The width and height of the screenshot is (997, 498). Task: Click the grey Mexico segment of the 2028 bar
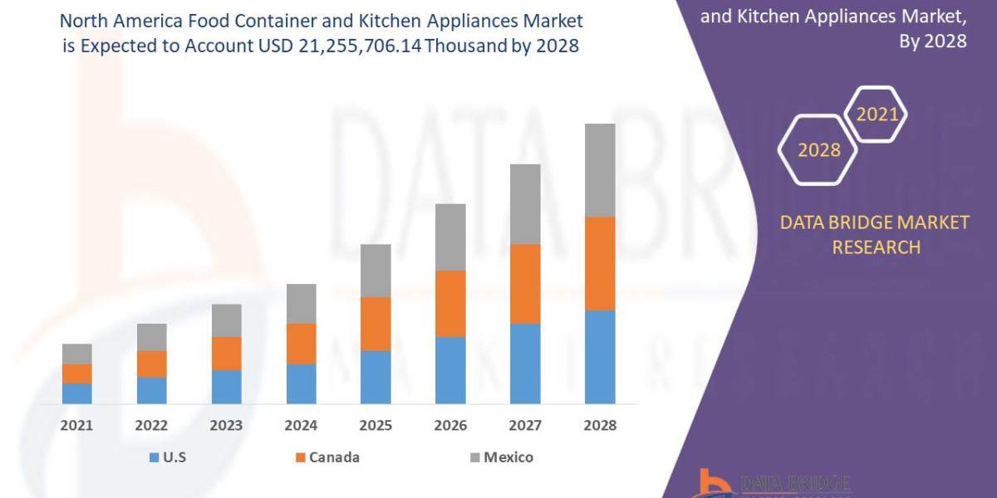pyautogui.click(x=600, y=170)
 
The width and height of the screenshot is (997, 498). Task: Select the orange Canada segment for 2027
pyautogui.click(x=525, y=284)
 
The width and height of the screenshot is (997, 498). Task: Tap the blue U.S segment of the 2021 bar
pyautogui.click(x=77, y=393)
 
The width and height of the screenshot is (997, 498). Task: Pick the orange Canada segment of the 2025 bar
pyautogui.click(x=376, y=324)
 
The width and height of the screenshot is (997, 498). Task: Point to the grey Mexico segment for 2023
pyautogui.click(x=226, y=320)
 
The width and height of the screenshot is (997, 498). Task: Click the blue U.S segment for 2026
pyautogui.click(x=450, y=370)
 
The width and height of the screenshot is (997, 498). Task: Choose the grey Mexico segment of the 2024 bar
pyautogui.click(x=301, y=304)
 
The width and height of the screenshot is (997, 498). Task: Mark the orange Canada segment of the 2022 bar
pyautogui.click(x=151, y=364)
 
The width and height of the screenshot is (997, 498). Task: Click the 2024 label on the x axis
pyautogui.click(x=301, y=426)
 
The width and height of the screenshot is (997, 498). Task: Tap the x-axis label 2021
pyautogui.click(x=76, y=426)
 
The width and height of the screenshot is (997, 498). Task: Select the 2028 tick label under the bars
pyautogui.click(x=600, y=426)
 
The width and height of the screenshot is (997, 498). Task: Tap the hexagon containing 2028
pyautogui.click(x=818, y=150)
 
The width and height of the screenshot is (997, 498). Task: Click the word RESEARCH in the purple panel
pyautogui.click(x=876, y=247)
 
